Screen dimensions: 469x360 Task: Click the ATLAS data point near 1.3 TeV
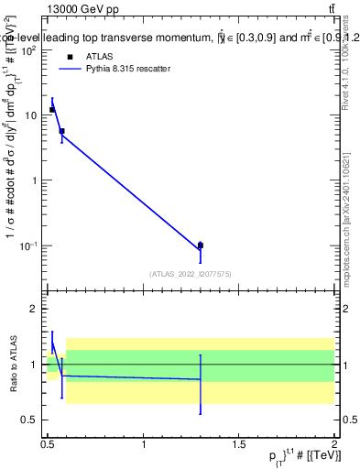click(x=201, y=245)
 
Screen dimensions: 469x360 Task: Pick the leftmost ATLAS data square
click(x=52, y=110)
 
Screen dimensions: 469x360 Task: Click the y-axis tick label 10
click(x=33, y=115)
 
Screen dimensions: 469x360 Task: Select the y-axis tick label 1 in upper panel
click(x=36, y=180)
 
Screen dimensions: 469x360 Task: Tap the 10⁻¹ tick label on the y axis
click(x=31, y=245)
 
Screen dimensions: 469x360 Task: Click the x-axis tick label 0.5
click(x=48, y=444)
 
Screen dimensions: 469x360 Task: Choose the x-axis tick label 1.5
click(x=239, y=444)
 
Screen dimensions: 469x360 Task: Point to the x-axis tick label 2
click(x=334, y=444)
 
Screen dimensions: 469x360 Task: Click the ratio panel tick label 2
click(x=36, y=309)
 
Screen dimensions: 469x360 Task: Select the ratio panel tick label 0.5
click(x=31, y=420)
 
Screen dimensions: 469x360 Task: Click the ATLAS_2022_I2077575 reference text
click(x=191, y=273)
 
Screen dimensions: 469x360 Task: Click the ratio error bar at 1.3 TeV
click(x=201, y=384)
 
